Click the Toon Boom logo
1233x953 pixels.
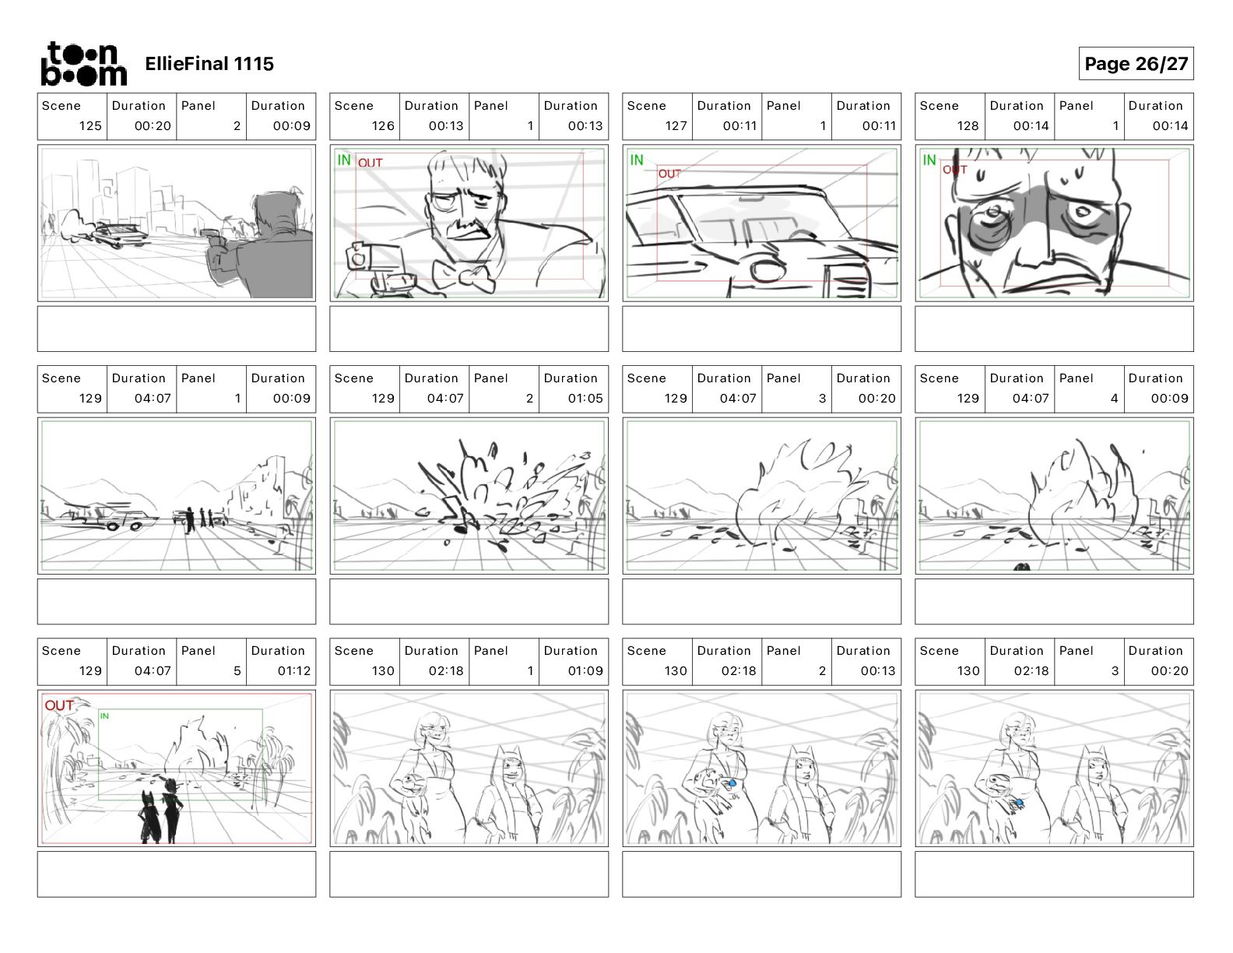click(84, 64)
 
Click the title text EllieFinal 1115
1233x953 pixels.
click(209, 64)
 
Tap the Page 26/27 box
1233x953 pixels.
click(1136, 64)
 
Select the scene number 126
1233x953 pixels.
click(383, 125)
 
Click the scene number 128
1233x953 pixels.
click(968, 125)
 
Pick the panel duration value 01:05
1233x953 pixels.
click(585, 399)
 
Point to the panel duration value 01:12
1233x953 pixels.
click(294, 671)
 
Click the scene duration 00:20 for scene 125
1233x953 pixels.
click(153, 125)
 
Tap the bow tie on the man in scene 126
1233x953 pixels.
click(462, 276)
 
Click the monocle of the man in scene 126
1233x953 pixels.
click(441, 201)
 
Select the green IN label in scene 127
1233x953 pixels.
click(637, 160)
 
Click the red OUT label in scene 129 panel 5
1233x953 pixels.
click(59, 705)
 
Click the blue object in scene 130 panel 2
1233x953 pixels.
click(732, 783)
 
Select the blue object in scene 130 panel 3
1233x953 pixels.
click(1020, 803)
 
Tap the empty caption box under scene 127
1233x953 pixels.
click(761, 329)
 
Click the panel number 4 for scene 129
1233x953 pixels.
click(1115, 399)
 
